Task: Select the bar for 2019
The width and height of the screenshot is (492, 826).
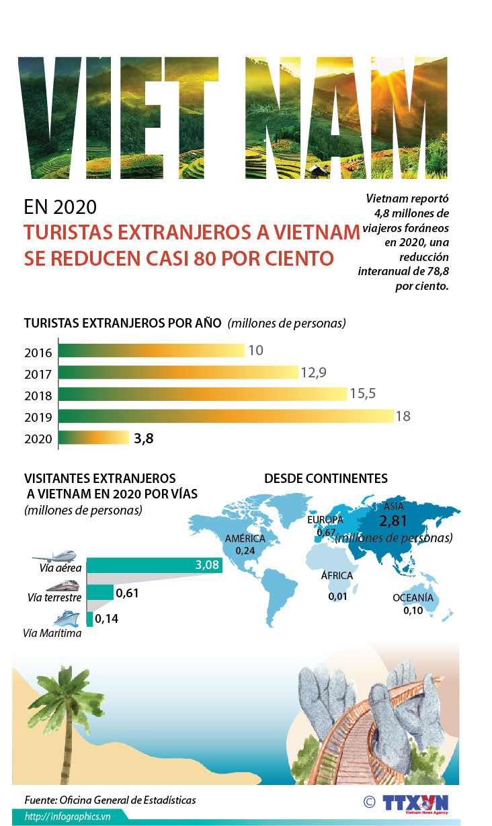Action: [x=225, y=416]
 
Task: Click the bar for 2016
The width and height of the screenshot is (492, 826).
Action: [x=151, y=350]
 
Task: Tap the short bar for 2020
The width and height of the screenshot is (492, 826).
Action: [x=93, y=439]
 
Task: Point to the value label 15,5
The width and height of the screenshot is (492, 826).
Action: [x=362, y=394]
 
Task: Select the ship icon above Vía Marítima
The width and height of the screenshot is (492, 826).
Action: [x=66, y=618]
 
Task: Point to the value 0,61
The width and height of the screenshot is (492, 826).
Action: [x=127, y=593]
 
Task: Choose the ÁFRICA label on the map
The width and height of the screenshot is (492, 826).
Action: [x=337, y=576]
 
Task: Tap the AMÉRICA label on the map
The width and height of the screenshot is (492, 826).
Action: [x=245, y=539]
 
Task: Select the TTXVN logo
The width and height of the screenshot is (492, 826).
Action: [x=415, y=804]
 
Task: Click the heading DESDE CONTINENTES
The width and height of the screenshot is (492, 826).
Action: [x=325, y=478]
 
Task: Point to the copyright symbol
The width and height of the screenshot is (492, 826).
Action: [x=369, y=801]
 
